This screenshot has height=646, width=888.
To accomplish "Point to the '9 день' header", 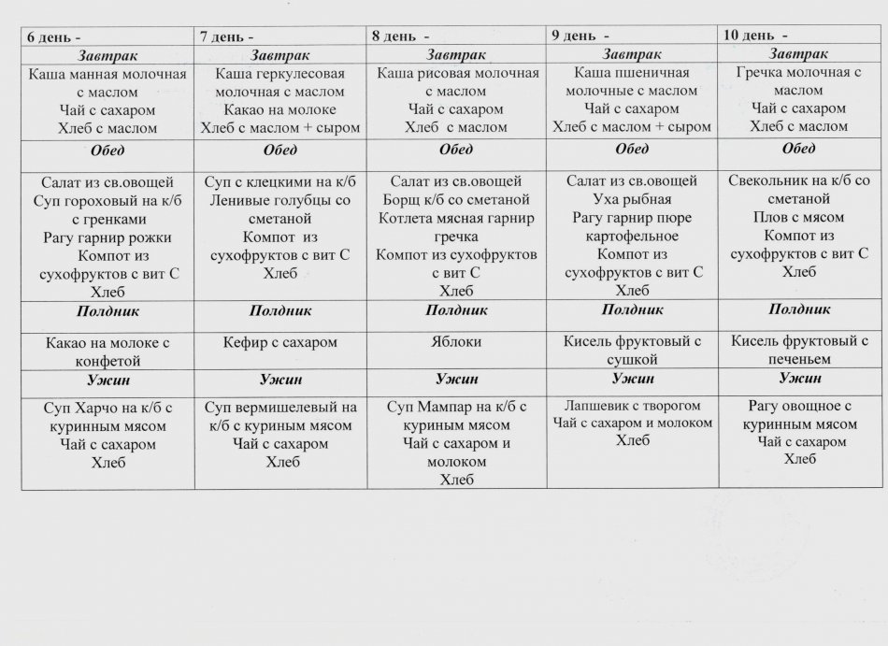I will click(x=573, y=36).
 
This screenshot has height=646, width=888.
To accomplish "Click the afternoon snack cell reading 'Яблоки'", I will click(x=455, y=342).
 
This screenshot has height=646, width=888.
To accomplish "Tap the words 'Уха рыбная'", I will click(x=631, y=199).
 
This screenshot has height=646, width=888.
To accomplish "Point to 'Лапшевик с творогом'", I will click(x=632, y=405).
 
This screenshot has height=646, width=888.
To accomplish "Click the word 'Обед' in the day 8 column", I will click(x=455, y=150).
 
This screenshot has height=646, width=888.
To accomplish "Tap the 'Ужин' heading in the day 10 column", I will click(x=799, y=378).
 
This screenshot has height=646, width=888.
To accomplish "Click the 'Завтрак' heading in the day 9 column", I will click(x=633, y=54).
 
